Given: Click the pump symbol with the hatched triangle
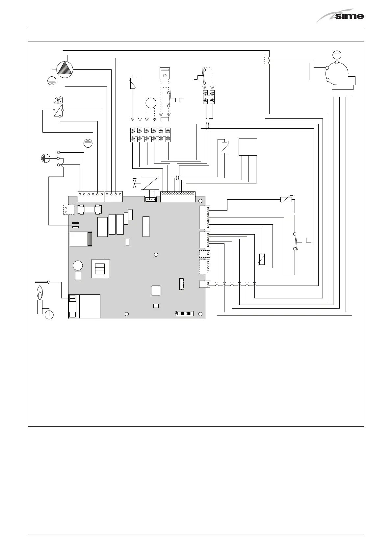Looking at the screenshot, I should (65, 69).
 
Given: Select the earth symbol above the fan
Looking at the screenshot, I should (337, 54).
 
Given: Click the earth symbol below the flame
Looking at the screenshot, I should (49, 314).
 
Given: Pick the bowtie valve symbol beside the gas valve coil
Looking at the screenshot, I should (134, 184).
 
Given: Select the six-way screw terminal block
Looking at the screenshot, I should (150, 135).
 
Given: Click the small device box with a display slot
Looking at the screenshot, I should (164, 73).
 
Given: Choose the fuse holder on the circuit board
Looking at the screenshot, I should (89, 209).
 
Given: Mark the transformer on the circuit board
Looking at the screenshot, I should (100, 269).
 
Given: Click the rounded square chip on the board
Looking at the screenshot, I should (156, 290).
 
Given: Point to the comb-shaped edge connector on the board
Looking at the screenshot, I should (184, 313).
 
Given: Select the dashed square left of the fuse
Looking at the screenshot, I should (68, 210).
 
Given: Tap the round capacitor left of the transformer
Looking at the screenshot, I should (78, 265).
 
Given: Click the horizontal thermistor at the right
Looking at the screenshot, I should (286, 199).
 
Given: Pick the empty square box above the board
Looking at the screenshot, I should (248, 147).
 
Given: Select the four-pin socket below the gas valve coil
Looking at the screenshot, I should (150, 199).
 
